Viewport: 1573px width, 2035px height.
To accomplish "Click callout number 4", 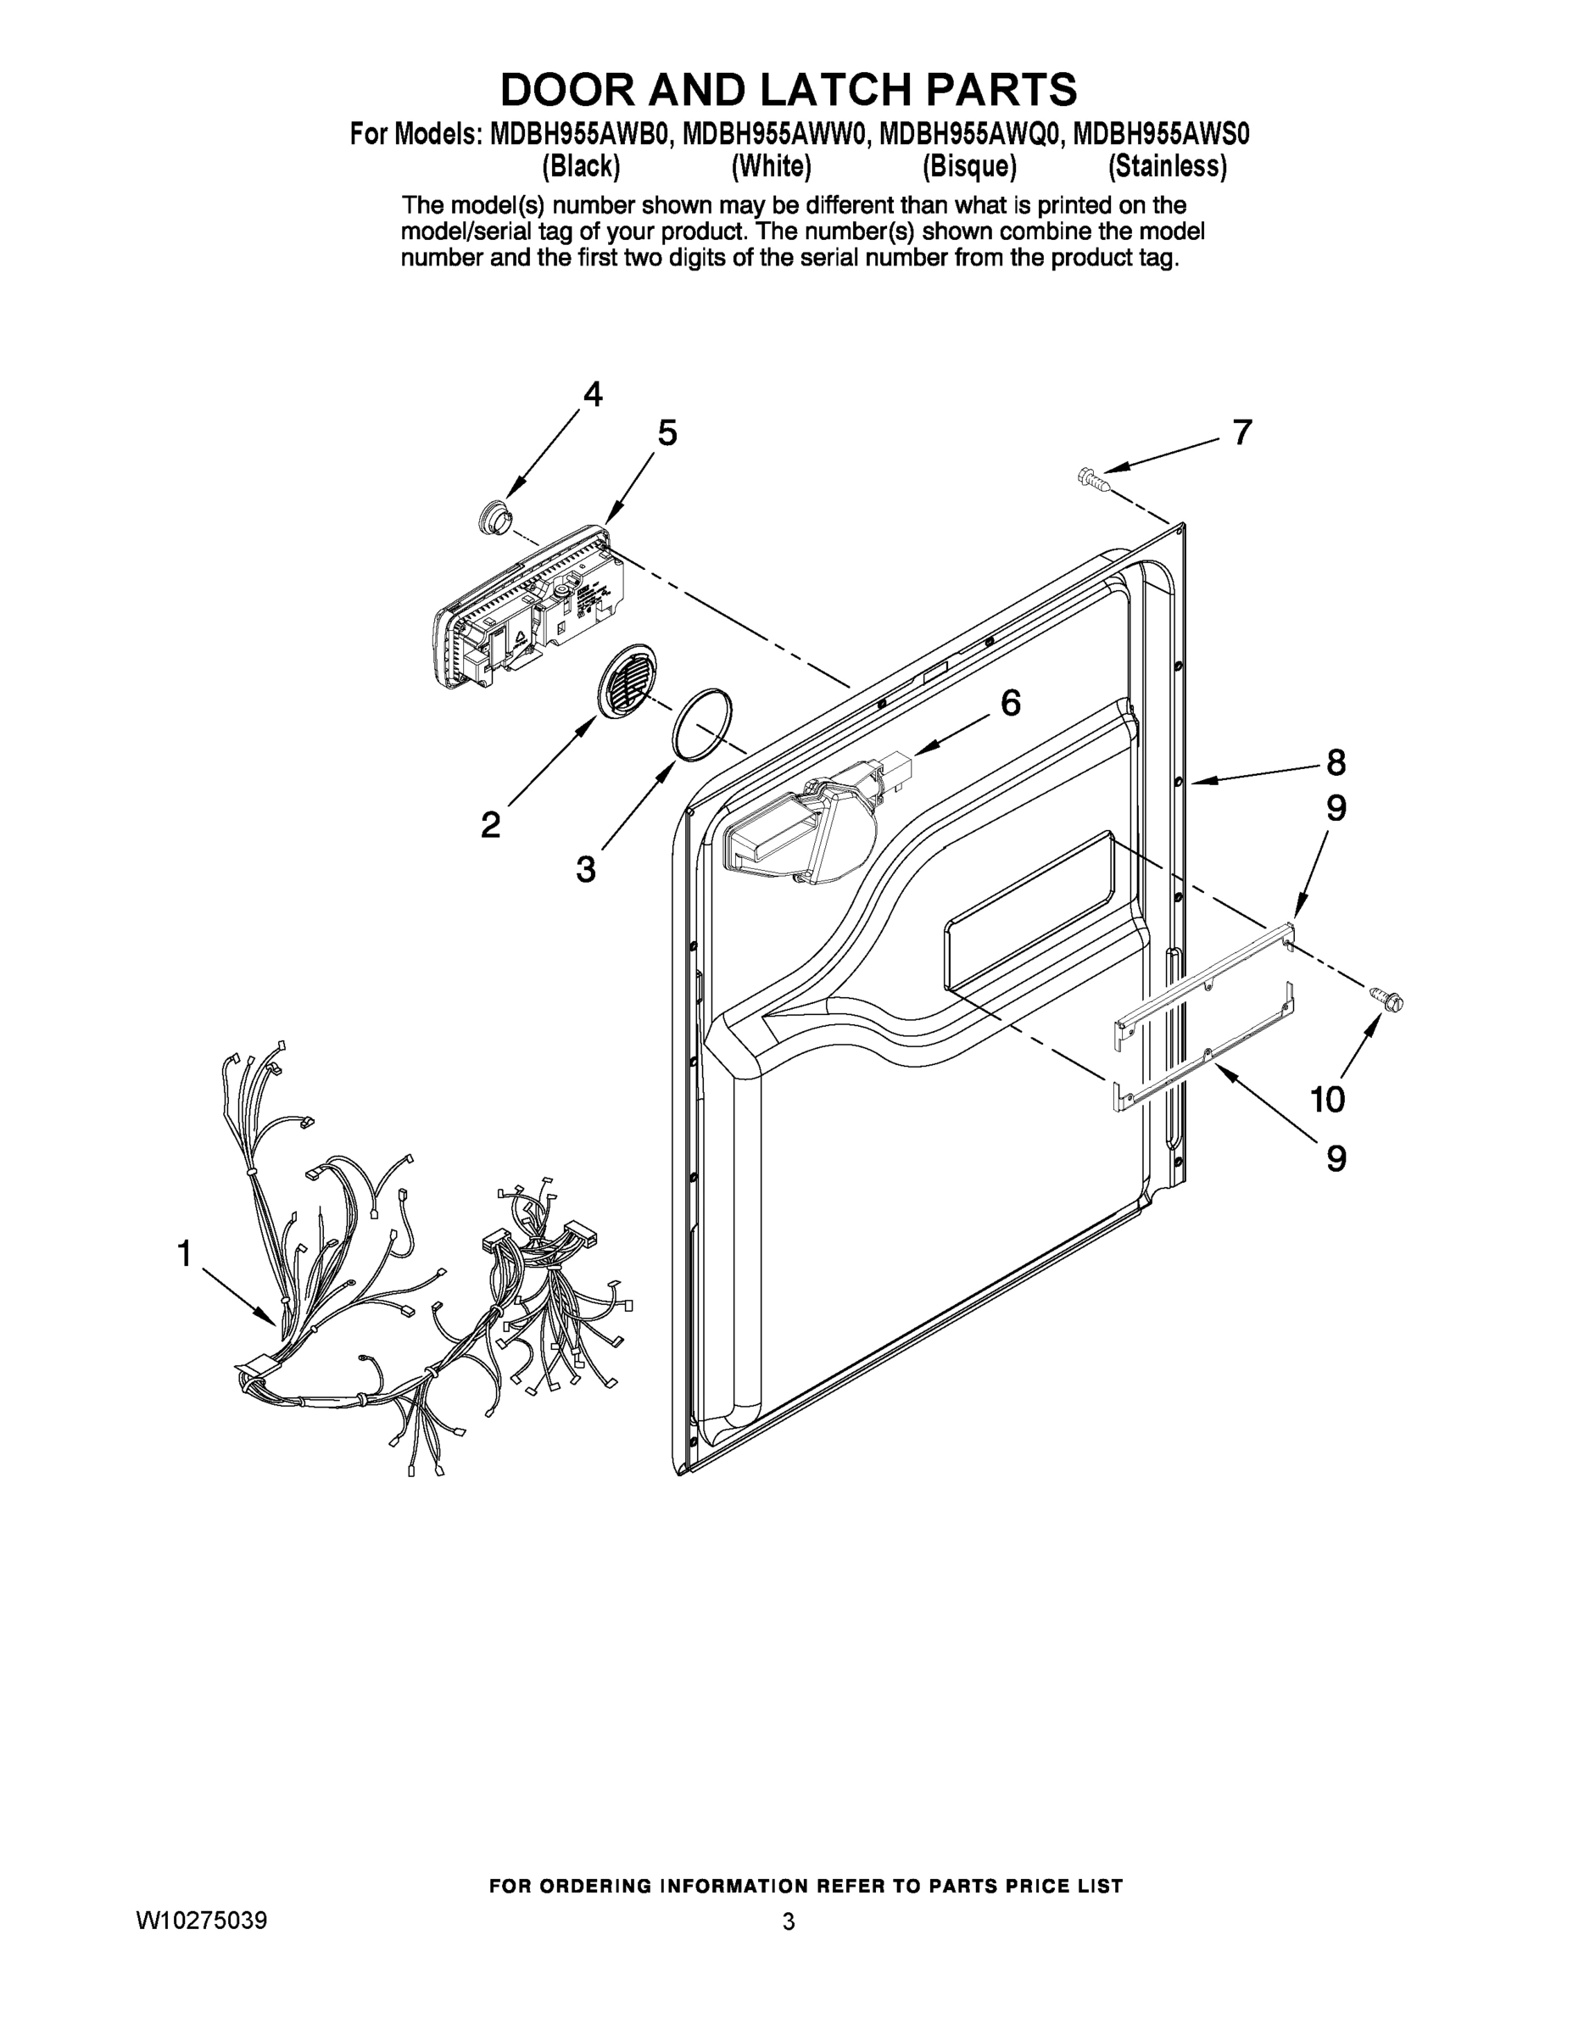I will pos(593,395).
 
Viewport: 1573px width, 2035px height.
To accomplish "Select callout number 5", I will pos(667,433).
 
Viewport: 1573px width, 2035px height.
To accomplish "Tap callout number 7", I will pos(1242,432).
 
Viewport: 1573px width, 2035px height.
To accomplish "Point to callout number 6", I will pos(1010,704).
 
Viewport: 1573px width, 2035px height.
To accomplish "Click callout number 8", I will pos(1336,762).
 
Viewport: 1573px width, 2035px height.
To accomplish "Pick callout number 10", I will pos(1328,1100).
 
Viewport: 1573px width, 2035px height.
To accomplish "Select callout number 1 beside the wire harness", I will pos(185,1253).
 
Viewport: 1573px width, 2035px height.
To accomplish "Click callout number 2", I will pos(490,825).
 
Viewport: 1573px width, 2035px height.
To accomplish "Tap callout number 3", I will pos(585,869).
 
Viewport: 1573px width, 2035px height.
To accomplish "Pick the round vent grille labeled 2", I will pos(626,678).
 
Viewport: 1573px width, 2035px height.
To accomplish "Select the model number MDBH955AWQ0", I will pos(969,134).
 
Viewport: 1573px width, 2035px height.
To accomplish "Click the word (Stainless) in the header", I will pos(1167,167).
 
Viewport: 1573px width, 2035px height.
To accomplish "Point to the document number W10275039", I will pos(201,1921).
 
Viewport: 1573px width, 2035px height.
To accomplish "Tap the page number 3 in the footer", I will pos(789,1921).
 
